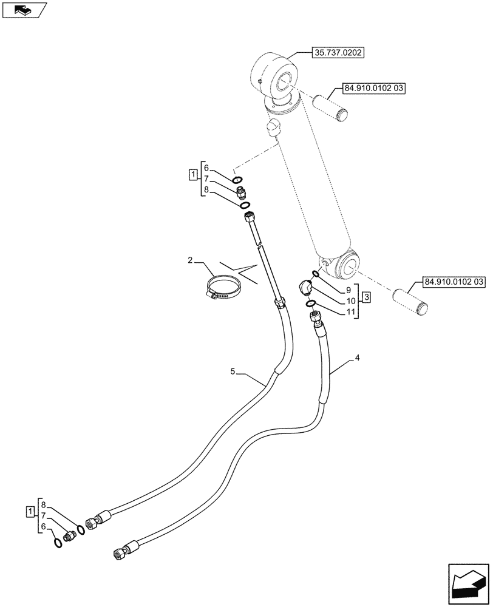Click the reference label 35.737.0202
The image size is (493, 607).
tap(338, 53)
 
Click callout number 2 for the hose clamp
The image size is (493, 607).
tap(190, 260)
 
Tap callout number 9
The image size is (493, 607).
tap(348, 290)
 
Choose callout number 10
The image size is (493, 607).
tap(348, 301)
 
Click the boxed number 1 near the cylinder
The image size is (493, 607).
tap(192, 175)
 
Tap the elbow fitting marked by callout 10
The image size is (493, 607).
tap(307, 286)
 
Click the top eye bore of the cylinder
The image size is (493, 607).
tap(285, 81)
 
